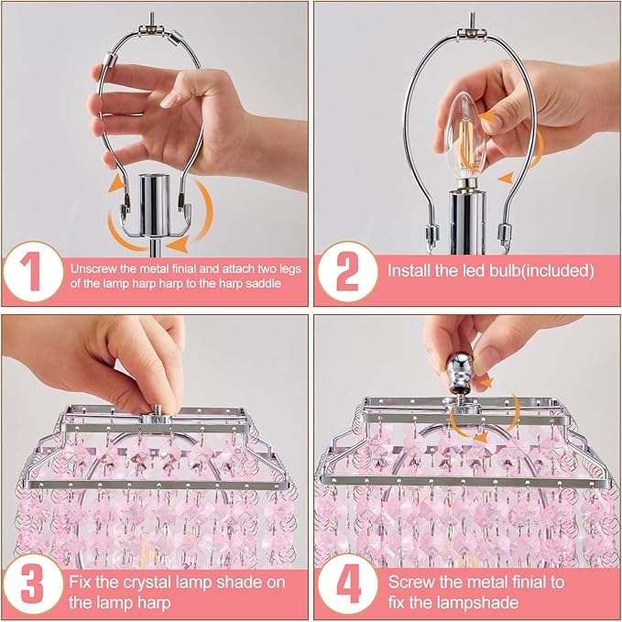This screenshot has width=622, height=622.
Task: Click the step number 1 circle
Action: click(x=34, y=271)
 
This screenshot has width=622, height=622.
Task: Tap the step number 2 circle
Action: click(x=347, y=271)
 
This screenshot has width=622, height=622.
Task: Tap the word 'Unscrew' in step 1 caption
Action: click(x=96, y=269)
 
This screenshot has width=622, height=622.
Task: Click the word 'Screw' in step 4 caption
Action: click(x=412, y=582)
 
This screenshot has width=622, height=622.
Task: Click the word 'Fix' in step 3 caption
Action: click(x=82, y=582)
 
